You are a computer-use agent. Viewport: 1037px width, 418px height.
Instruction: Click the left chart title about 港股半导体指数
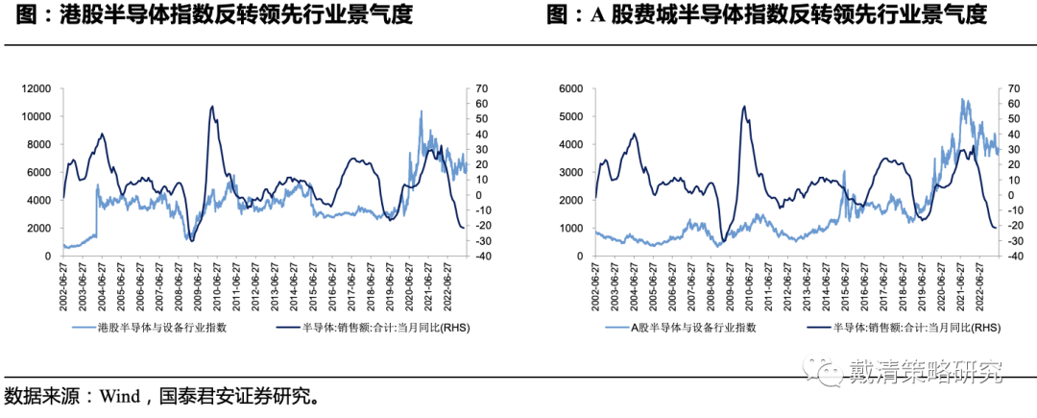207,16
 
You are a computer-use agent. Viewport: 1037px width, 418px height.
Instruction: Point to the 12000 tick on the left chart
36,88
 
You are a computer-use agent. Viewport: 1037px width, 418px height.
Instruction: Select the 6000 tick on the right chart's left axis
573,88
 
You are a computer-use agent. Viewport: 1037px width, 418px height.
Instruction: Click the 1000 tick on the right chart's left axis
573,229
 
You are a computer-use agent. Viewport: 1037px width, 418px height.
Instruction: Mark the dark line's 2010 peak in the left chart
212,107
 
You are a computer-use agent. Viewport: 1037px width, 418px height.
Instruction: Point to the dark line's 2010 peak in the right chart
744,107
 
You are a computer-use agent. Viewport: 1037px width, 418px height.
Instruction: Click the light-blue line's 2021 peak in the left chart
421,111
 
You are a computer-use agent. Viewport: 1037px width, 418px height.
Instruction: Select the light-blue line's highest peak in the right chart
963,99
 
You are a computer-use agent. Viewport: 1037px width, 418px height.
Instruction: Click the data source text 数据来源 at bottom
37,396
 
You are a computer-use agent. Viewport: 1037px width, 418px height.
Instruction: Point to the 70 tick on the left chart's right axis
473,88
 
